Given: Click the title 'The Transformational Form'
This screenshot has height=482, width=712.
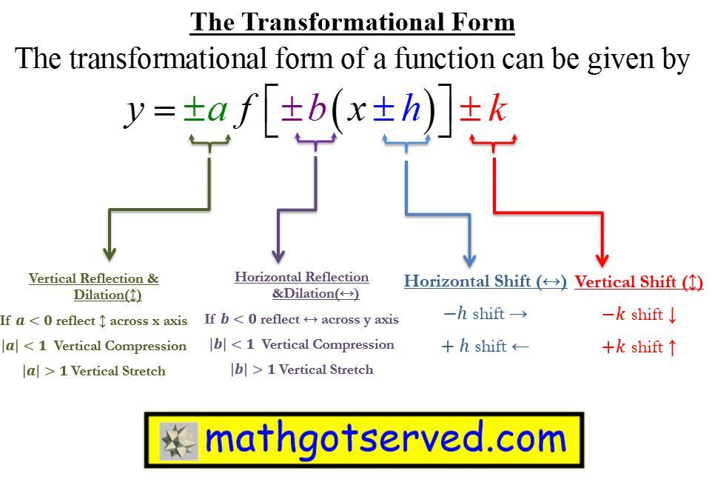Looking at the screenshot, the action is click(352, 22).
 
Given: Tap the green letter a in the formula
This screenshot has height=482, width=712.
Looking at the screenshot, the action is click(218, 110).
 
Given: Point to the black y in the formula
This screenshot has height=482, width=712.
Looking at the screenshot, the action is click(135, 113).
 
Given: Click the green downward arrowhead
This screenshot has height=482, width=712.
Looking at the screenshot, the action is click(110, 254).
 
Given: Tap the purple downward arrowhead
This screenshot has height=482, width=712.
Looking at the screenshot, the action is click(278, 256).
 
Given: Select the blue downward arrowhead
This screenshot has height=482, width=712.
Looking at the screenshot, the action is click(469, 260).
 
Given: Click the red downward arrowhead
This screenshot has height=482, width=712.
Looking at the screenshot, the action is click(602, 261).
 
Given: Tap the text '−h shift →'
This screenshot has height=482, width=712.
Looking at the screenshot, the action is click(486, 313).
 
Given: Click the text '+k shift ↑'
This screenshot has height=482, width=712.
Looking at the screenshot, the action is click(639, 347).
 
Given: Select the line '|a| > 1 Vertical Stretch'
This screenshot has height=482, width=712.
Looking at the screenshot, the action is click(94, 371).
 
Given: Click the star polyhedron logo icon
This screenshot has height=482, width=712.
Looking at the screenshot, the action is click(179, 441).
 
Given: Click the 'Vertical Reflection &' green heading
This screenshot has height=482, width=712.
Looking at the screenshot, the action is click(93, 278).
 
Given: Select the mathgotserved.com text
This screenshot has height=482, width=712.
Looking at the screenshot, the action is click(386, 439).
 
